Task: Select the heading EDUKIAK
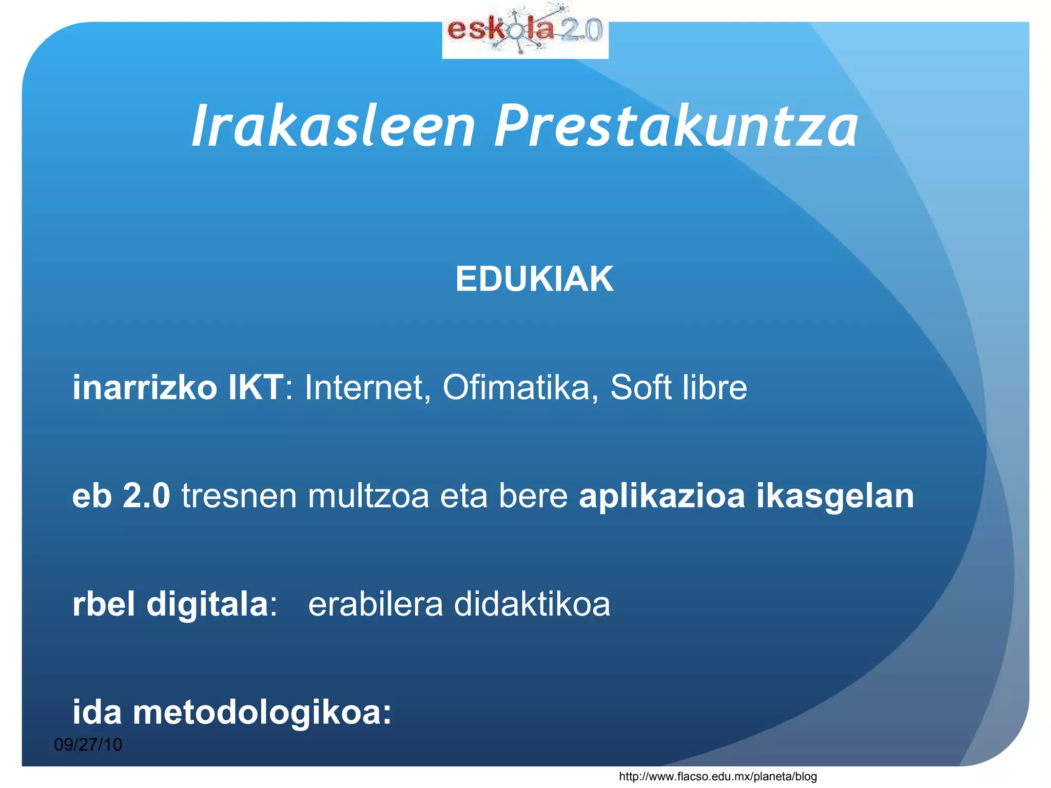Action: (534, 280)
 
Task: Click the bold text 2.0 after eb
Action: (146, 496)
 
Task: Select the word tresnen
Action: (239, 496)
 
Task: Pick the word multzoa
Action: (368, 496)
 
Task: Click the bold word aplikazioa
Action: (661, 496)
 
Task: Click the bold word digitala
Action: (208, 604)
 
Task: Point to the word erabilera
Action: (375, 604)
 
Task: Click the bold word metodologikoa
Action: (262, 713)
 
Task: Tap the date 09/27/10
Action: (88, 744)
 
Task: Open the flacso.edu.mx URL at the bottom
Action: (717, 777)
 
